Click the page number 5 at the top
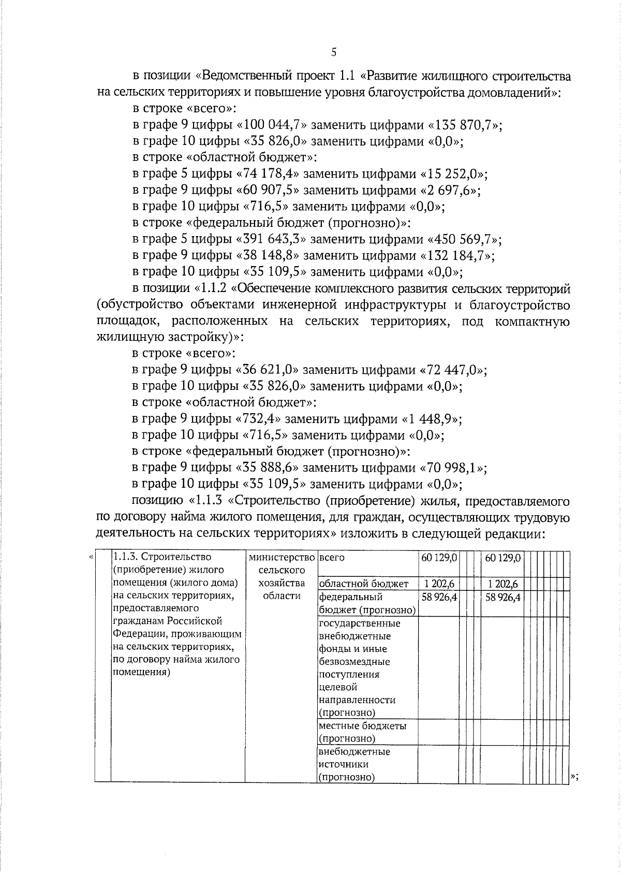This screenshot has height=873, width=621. [334, 52]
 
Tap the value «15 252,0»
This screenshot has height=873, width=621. [454, 173]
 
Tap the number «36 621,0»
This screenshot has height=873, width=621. [268, 370]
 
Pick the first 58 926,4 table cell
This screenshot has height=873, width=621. [439, 596]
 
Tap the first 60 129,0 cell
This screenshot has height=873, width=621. [439, 558]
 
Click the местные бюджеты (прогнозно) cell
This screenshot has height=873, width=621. [362, 732]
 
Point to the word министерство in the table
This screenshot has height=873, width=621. [282, 558]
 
